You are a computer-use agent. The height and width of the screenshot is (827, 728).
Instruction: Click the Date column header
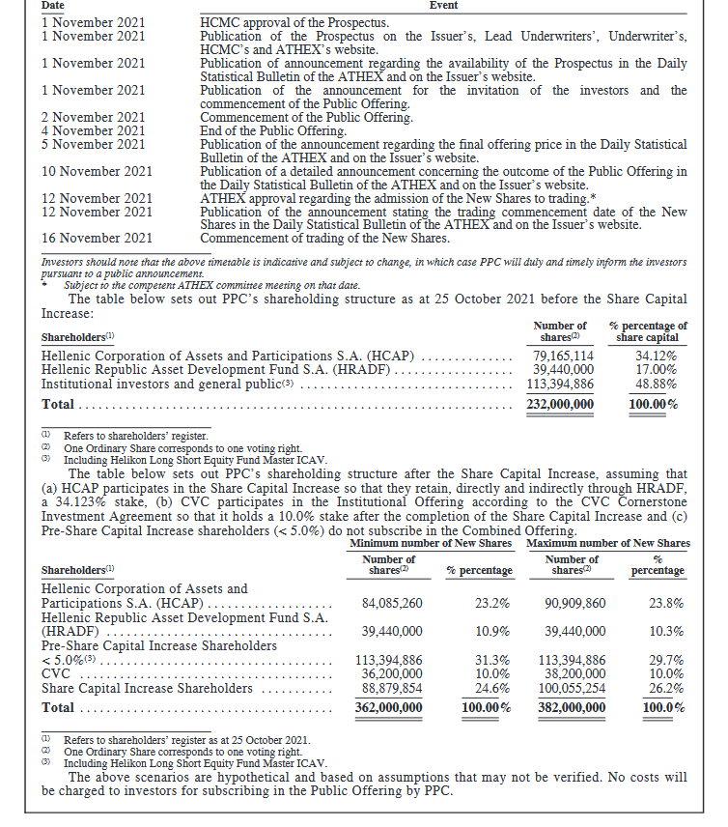53,6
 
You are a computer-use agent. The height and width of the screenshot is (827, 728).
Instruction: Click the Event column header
442,6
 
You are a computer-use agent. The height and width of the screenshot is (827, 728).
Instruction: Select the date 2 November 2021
94,118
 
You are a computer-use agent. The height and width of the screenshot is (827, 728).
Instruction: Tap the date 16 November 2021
98,239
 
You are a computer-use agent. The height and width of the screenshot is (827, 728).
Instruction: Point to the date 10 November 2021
98,172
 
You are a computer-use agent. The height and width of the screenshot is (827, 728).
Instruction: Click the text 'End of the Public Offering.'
273,131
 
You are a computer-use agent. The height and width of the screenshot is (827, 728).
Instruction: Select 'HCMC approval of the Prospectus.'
294,22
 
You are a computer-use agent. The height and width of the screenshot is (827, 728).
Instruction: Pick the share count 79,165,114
564,356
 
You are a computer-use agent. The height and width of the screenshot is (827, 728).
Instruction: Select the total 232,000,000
560,404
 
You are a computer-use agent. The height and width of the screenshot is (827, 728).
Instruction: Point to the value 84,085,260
392,603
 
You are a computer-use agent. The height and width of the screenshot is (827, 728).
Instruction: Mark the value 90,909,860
575,603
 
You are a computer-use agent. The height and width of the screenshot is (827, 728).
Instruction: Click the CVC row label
56,674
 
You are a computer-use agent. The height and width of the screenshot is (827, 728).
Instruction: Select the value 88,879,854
392,688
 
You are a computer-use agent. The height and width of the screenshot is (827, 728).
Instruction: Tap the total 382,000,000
572,707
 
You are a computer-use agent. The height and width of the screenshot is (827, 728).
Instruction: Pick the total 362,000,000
388,707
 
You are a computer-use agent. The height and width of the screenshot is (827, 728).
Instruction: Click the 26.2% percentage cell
666,688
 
